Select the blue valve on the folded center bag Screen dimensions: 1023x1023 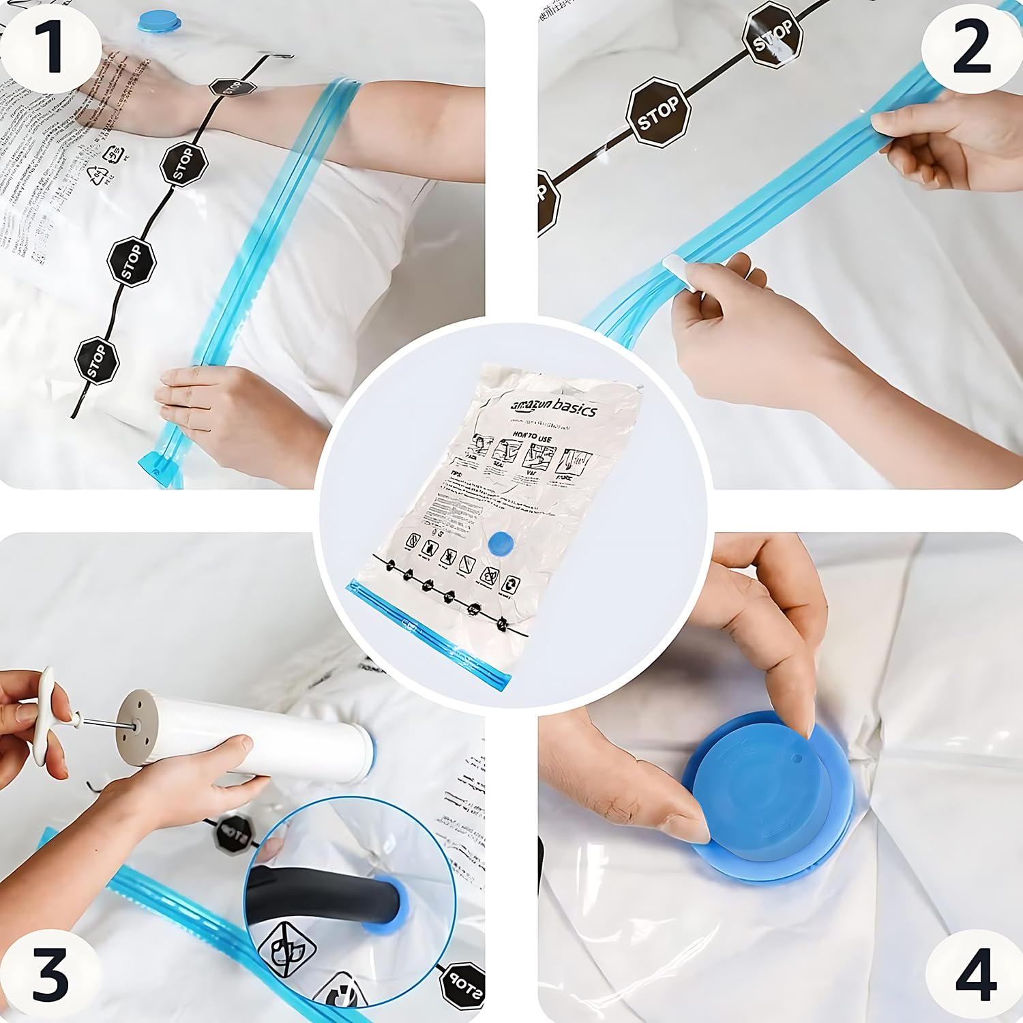pyautogui.click(x=501, y=544)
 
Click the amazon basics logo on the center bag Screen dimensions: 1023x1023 pyautogui.click(x=554, y=407)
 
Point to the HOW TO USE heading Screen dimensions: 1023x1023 pyautogui.click(x=532, y=437)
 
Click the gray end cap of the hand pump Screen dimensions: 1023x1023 pyautogui.click(x=134, y=728)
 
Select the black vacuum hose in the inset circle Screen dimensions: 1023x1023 pyautogui.click(x=314, y=894)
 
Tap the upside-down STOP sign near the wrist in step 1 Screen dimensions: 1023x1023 pyautogui.click(x=233, y=87)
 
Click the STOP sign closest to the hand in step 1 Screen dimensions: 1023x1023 pyautogui.click(x=96, y=360)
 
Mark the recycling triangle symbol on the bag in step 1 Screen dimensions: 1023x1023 pyautogui.click(x=96, y=177)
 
